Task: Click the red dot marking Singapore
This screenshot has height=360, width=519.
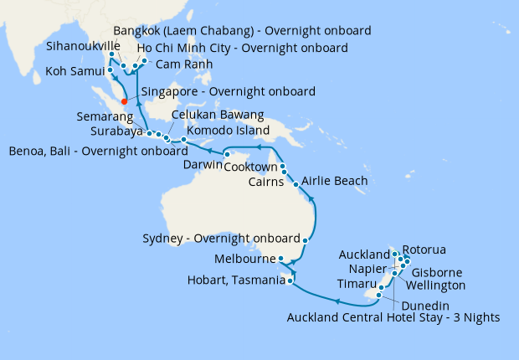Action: tap(125, 102)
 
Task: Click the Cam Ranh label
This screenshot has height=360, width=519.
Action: tap(184, 64)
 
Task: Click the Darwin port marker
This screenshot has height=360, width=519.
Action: tap(227, 154)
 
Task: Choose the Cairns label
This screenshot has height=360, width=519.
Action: tap(270, 182)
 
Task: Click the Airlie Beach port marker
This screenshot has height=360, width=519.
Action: tap(296, 183)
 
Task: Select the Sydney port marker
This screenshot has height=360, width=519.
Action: tap(304, 240)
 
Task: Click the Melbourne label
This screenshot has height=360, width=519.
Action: tap(244, 259)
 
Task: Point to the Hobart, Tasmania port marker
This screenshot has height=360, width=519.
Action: tap(290, 281)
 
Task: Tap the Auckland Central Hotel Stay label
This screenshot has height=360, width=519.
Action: tap(393, 318)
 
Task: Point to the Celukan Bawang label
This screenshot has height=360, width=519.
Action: tap(218, 115)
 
